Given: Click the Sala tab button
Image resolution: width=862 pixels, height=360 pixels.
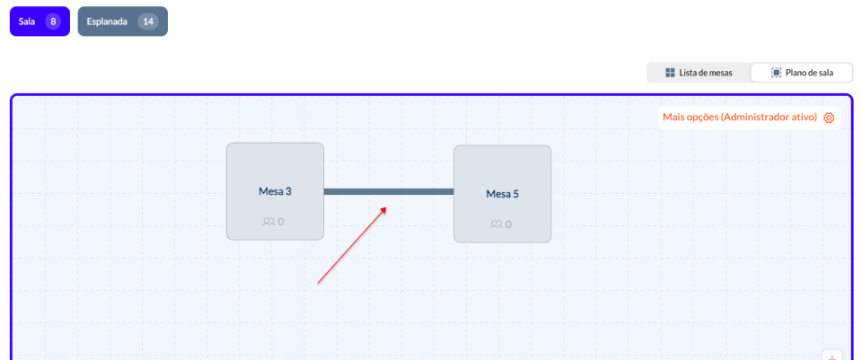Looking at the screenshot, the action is coord(40,22).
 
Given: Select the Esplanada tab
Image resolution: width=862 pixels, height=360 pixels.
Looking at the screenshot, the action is coord(123,22).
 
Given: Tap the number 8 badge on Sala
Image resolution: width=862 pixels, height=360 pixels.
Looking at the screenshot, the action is coord(53,22).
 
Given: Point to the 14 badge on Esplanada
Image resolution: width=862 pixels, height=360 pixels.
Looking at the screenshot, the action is coord(148,22).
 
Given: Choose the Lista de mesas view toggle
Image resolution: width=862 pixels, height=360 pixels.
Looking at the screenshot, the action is coord(699,73).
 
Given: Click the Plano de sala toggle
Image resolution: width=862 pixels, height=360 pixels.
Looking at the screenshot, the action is coord(802,73).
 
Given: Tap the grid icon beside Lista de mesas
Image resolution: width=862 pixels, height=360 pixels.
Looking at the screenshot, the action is coord(670,73).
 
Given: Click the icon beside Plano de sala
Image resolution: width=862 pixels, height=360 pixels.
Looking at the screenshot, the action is coord(776,73).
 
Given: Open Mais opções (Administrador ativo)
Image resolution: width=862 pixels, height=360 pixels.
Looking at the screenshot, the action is coord(749,118).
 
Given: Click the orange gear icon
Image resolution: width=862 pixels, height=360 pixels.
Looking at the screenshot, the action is coord(829,118).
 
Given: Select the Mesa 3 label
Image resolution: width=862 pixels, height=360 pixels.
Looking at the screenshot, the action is coord(275,191).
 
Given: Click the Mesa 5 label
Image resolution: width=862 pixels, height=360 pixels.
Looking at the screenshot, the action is coord(503,194).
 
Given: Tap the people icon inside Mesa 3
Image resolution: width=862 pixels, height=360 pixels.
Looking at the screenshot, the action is coord(268,222).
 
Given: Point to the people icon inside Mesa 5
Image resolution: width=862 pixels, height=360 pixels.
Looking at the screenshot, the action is coord(496,224).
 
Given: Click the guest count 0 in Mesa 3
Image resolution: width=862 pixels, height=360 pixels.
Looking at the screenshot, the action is coord(281,222).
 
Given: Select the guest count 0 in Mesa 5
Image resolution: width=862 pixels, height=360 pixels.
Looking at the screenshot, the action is coord(508,224).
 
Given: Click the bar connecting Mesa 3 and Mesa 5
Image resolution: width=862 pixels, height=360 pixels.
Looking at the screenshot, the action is coord(389,191).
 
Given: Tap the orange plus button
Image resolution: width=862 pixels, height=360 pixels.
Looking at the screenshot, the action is coord(831,356).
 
